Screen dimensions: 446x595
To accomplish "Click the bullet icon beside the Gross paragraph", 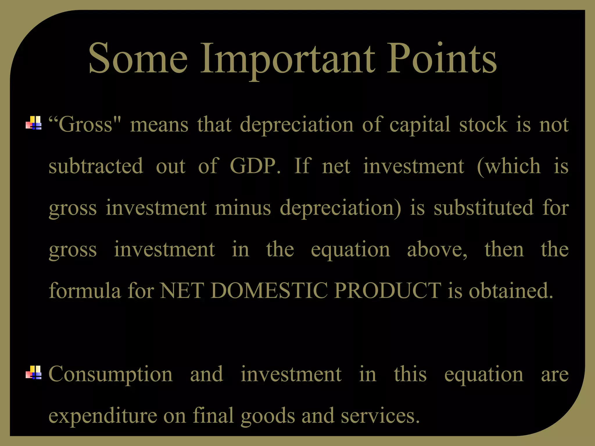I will click(34, 123).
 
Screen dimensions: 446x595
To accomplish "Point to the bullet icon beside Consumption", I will click(34, 372).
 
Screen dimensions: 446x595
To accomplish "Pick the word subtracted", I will click(96, 166).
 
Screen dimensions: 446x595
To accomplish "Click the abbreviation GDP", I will click(255, 166).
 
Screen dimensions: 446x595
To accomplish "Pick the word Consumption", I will click(111, 375).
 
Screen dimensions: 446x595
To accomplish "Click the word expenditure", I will click(103, 416).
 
